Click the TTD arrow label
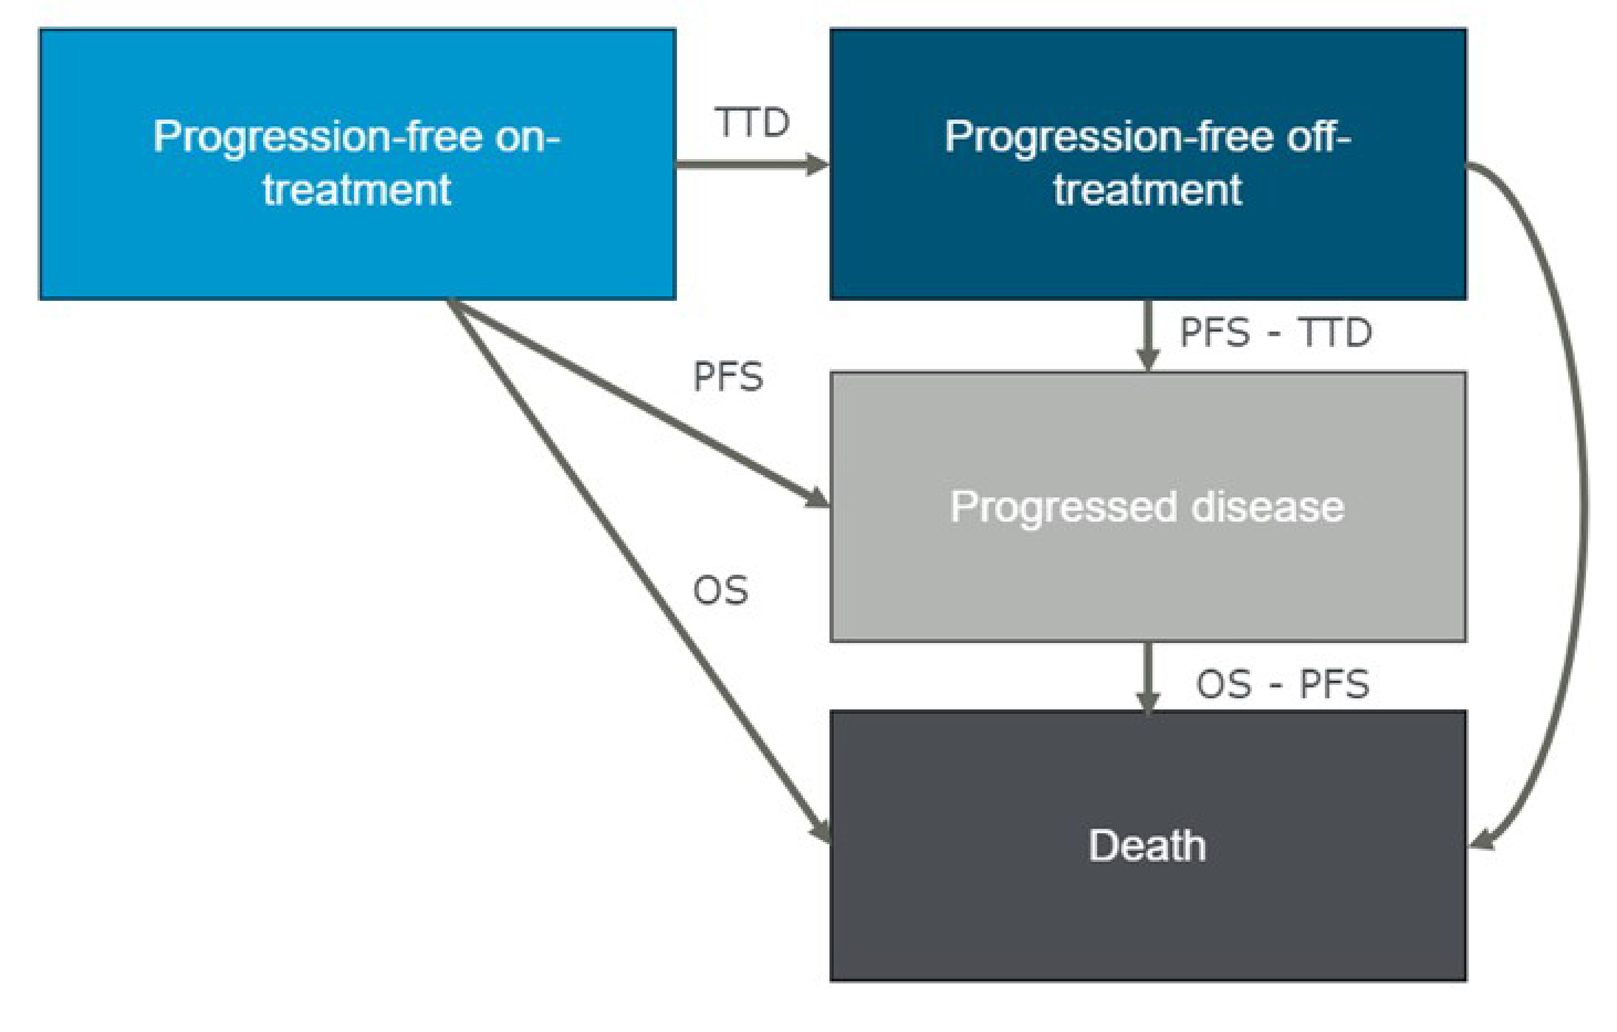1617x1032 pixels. pos(751,123)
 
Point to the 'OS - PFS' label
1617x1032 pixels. pos(1282,685)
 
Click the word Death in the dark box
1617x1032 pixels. pos(1147,846)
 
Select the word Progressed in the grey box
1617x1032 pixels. pos(1063,507)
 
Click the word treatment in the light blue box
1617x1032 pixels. pos(356,190)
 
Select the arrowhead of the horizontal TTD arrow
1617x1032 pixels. pos(818,164)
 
